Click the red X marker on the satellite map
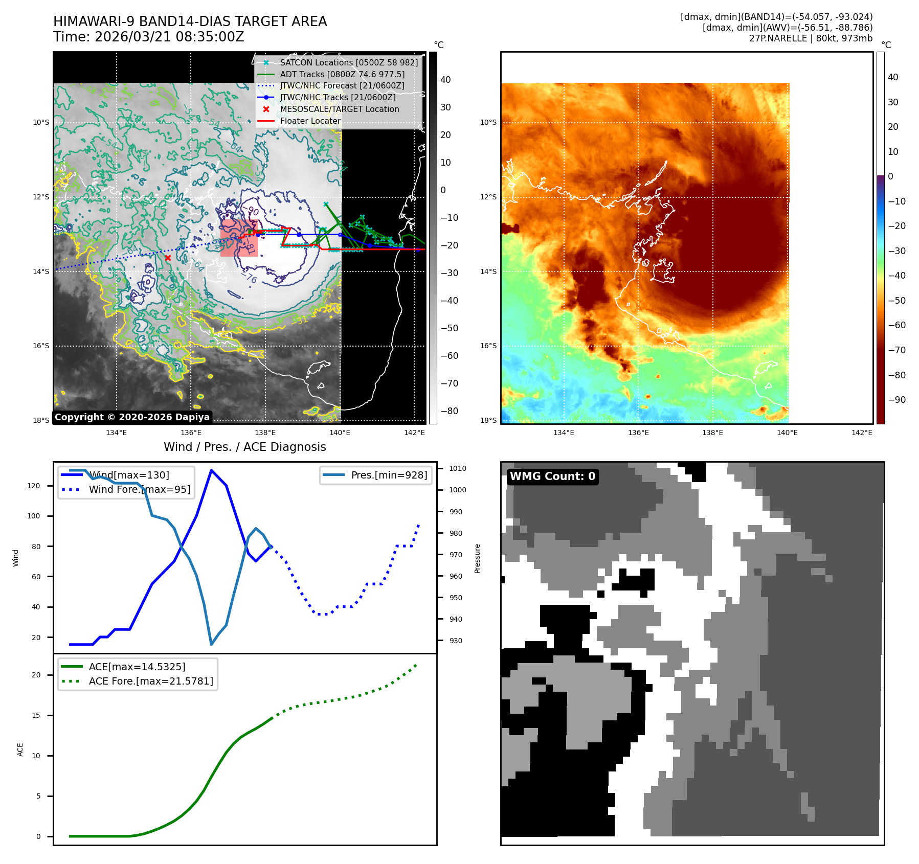[x=168, y=258]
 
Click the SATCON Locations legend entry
[x=348, y=62]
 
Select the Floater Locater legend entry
[x=310, y=121]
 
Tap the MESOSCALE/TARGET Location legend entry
[x=339, y=109]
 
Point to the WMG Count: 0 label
[x=552, y=476]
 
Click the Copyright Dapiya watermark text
[x=132, y=417]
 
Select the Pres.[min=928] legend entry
[x=389, y=475]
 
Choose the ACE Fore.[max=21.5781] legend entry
[x=150, y=681]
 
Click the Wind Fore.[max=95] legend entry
[x=139, y=489]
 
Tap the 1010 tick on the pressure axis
[x=458, y=468]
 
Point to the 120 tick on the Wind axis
[x=34, y=486]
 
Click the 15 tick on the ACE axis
[x=36, y=715]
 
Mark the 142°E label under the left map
[x=414, y=433]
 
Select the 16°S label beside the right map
[x=488, y=346]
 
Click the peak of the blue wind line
[x=211, y=470]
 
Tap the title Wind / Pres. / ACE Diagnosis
[x=244, y=447]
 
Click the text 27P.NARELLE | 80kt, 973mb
[x=811, y=38]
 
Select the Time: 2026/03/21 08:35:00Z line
[x=148, y=37]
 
